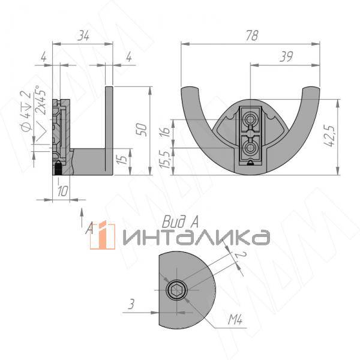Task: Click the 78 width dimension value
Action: pyautogui.click(x=252, y=35)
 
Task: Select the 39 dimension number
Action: pyautogui.click(x=286, y=57)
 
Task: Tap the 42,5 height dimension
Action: pyautogui.click(x=329, y=136)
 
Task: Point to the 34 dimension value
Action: pyautogui.click(x=83, y=35)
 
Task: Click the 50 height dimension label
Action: pyautogui.click(x=142, y=130)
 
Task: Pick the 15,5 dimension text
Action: pyautogui.click(x=165, y=160)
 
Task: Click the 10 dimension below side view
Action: pyautogui.click(x=62, y=191)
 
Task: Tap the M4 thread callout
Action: pyautogui.click(x=235, y=319)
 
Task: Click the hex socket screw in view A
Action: pyautogui.click(x=176, y=290)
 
